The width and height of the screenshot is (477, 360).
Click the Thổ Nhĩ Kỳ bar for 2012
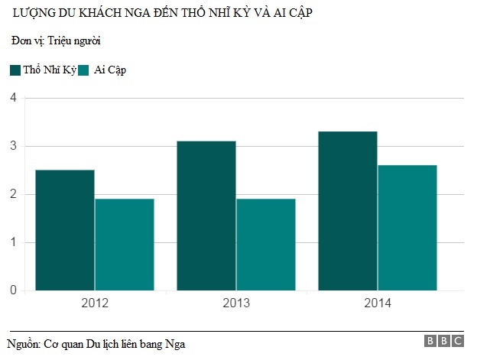click(65, 230)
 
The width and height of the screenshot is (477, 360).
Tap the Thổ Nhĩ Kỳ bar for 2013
click(206, 216)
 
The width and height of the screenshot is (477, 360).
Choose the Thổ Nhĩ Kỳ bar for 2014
click(348, 211)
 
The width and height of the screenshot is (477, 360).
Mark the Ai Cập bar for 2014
click(407, 228)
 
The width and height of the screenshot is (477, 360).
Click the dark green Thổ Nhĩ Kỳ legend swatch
click(15, 70)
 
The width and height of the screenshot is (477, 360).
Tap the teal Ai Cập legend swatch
click(85, 70)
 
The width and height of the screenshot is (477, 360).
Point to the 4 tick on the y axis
click(13, 98)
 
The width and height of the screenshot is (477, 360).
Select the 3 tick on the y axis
click(13, 146)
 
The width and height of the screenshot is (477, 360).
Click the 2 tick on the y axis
click(13, 194)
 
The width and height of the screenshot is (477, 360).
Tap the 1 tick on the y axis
click(13, 242)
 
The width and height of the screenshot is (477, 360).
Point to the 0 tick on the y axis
click(13, 290)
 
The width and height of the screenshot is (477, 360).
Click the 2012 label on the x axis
click(95, 303)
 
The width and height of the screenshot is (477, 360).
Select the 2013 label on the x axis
click(236, 303)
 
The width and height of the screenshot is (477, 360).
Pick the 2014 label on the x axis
click(378, 303)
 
